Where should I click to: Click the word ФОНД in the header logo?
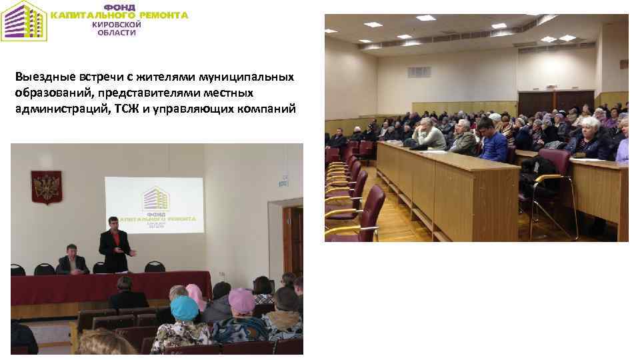click(x=119, y=7)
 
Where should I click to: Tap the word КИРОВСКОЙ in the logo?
click(x=117, y=24)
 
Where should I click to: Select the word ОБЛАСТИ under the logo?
click(x=117, y=33)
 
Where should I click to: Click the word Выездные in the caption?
click(x=41, y=77)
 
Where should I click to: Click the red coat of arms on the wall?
click(x=45, y=186)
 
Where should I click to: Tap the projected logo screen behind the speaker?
click(x=154, y=205)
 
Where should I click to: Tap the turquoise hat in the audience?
click(x=185, y=308)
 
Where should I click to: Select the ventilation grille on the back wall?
click(x=419, y=72)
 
